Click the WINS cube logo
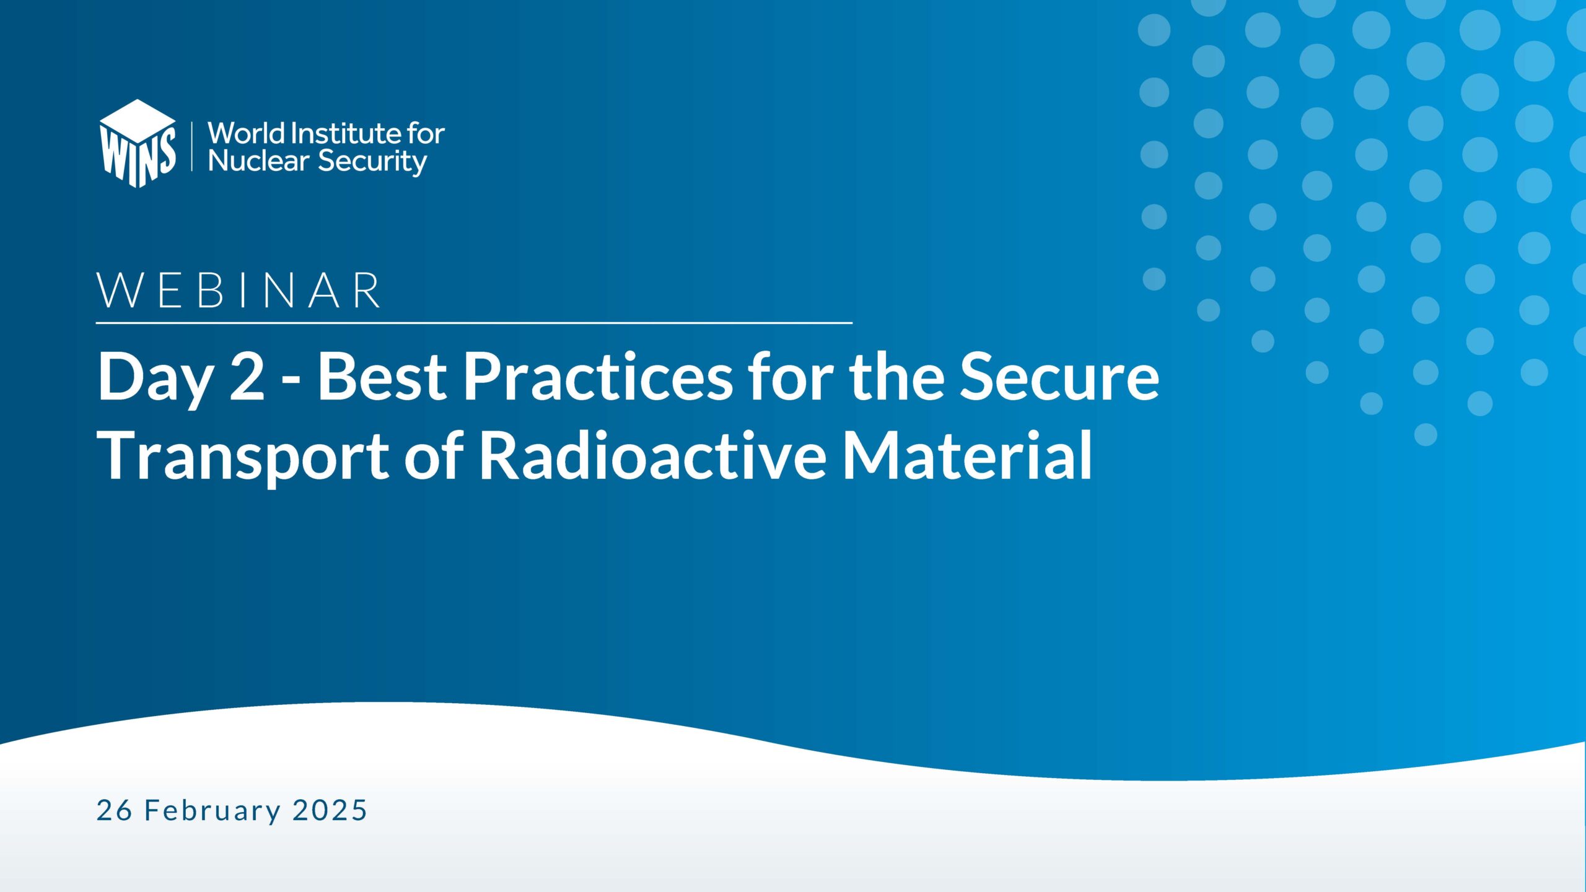click(x=138, y=144)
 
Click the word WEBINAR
click(x=239, y=290)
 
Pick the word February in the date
click(x=212, y=811)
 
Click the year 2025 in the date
click(x=330, y=810)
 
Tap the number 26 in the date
click(x=115, y=810)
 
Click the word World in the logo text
click(x=246, y=133)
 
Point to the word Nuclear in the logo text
click(x=258, y=161)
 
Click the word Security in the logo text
click(x=372, y=162)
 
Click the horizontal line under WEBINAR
click(x=474, y=323)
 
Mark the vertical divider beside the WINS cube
click(x=192, y=146)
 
